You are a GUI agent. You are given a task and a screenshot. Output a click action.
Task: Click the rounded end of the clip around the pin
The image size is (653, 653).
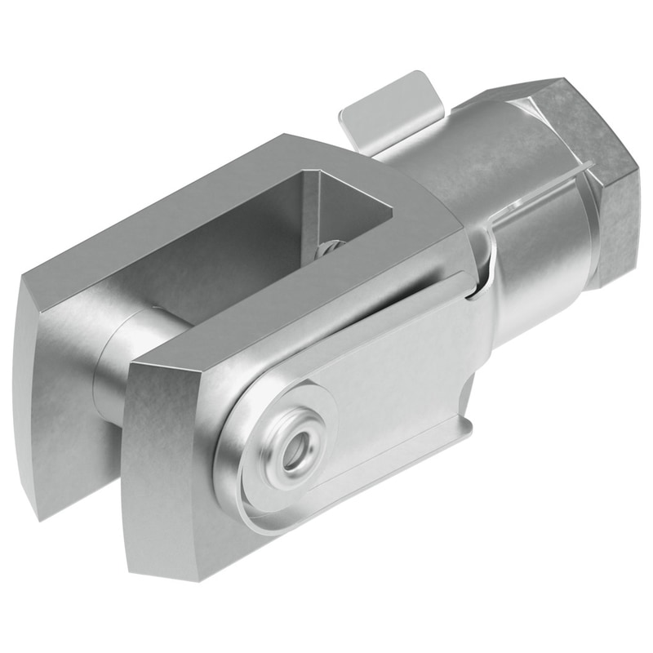[237, 482]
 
